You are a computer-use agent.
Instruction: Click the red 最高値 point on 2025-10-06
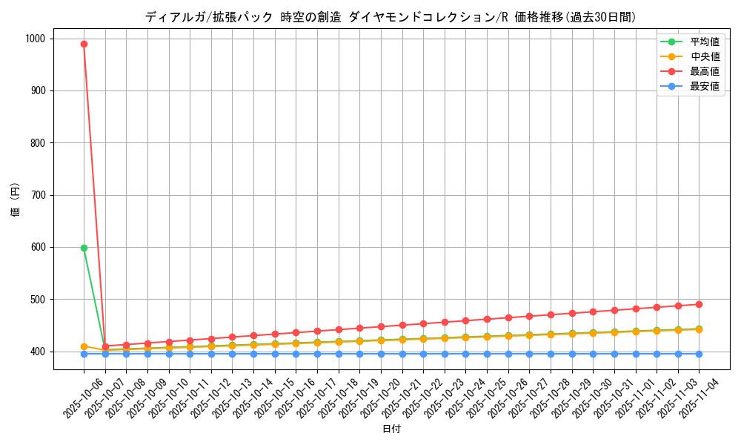pos(84,44)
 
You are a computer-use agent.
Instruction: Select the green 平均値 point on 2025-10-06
pos(84,248)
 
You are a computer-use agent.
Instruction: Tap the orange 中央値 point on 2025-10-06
pos(84,346)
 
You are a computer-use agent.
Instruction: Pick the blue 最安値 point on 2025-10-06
pos(84,354)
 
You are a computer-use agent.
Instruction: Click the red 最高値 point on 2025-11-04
pos(699,304)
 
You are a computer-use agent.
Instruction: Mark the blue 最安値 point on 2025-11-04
pos(699,354)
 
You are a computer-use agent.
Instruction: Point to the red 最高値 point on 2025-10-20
pos(381,326)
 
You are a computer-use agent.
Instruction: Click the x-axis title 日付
pos(391,429)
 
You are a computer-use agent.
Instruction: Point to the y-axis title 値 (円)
pos(15,200)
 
